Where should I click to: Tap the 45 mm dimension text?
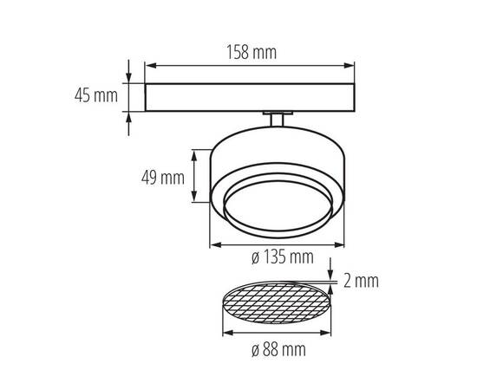95,95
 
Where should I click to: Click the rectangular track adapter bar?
249,96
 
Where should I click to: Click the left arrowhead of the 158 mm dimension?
147,64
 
